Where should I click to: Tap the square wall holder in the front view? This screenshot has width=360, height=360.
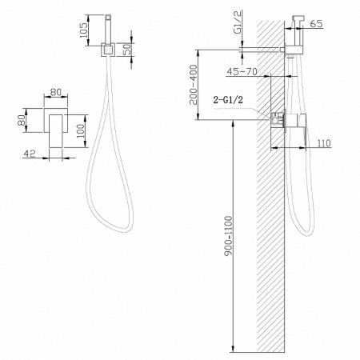click(107, 50)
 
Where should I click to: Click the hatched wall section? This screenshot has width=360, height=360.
click(272, 240)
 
